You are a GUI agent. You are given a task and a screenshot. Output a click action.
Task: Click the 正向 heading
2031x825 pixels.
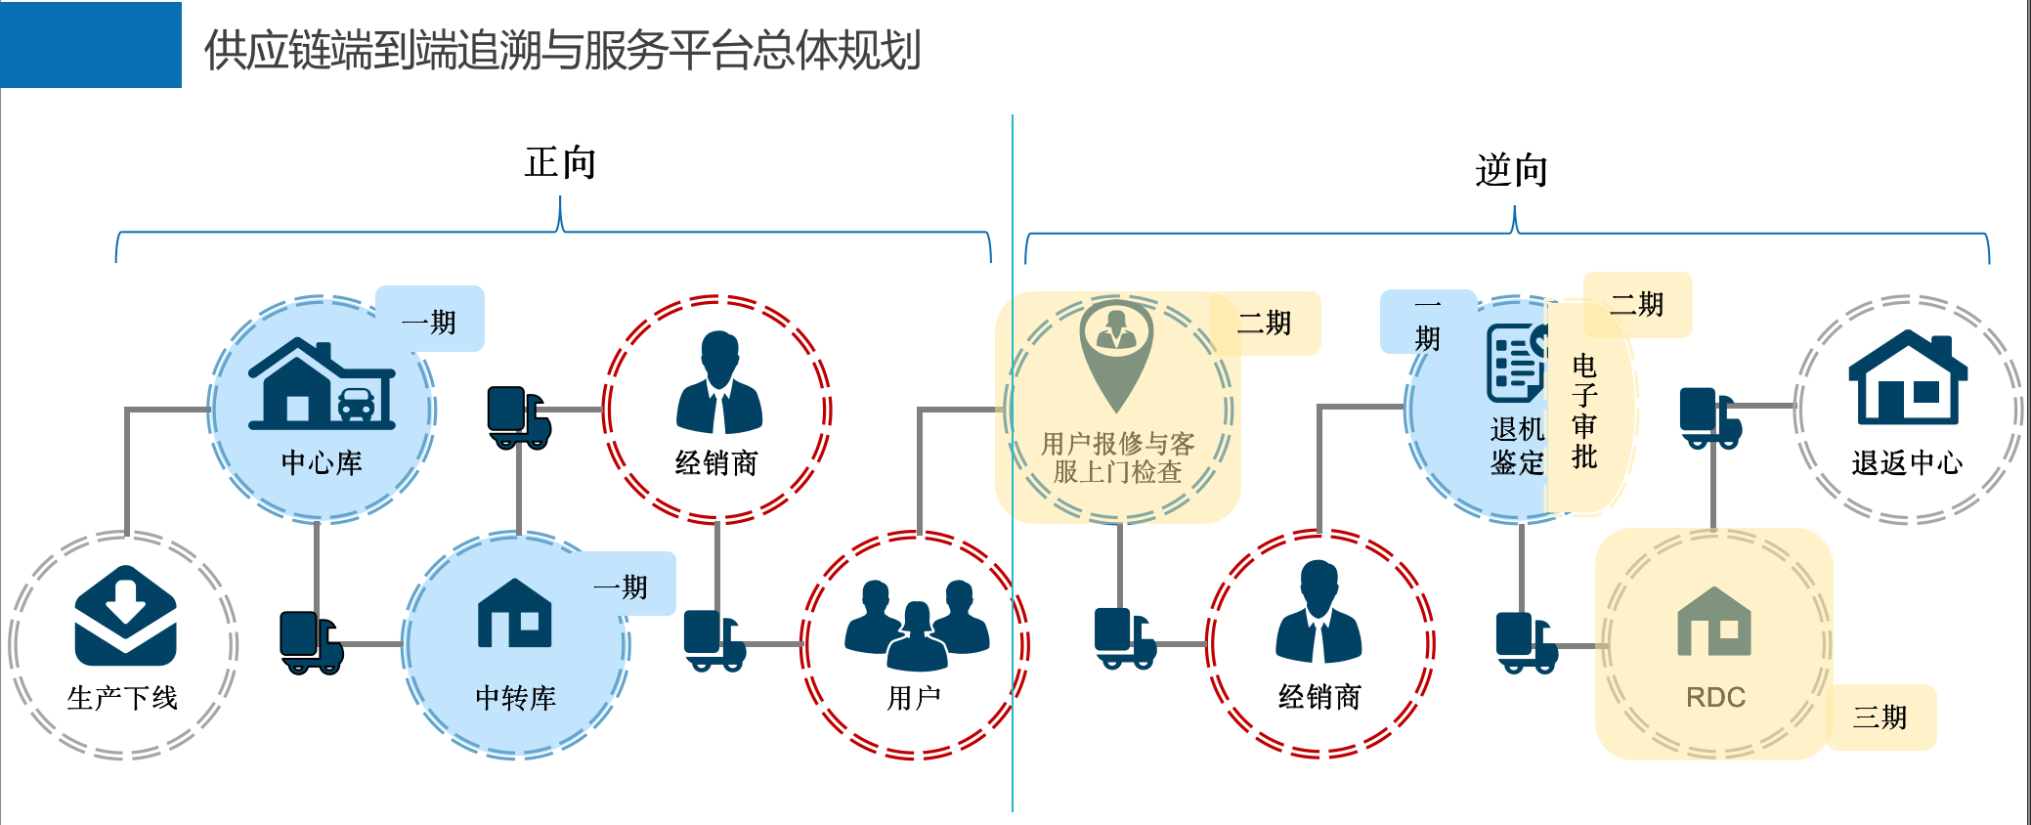pyautogui.click(x=560, y=162)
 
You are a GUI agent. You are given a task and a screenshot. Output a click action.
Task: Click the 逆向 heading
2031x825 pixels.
pyautogui.click(x=1511, y=170)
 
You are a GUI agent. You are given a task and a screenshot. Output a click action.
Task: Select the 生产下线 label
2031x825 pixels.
pyautogui.click(x=122, y=697)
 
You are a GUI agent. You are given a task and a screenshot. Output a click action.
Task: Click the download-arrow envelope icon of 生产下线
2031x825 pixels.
pyautogui.click(x=125, y=616)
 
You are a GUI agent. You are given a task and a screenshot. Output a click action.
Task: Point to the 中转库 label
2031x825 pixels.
pyautogui.click(x=515, y=697)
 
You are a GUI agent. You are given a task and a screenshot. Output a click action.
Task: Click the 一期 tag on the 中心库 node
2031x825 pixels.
pyautogui.click(x=430, y=321)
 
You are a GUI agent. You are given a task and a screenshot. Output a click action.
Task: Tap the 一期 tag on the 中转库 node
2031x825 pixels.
pyautogui.click(x=622, y=586)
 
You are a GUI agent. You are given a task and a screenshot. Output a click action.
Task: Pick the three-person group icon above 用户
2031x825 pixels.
pyautogui.click(x=917, y=624)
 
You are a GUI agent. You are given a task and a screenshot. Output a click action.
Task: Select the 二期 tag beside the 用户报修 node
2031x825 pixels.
pyautogui.click(x=1265, y=323)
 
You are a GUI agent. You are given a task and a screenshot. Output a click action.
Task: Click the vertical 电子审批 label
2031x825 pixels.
pyautogui.click(x=1584, y=411)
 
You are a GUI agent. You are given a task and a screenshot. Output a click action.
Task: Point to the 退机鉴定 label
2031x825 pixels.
pyautogui.click(x=1517, y=446)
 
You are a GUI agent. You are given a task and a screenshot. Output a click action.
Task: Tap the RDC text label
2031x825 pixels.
pyautogui.click(x=1715, y=697)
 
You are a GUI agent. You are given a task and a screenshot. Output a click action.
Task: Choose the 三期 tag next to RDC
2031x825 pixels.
pyautogui.click(x=1880, y=717)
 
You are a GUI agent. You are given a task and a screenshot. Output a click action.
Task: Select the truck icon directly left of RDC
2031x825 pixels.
pyautogui.click(x=1526, y=642)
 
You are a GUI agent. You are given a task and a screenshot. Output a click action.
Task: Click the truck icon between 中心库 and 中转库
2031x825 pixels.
pyautogui.click(x=311, y=642)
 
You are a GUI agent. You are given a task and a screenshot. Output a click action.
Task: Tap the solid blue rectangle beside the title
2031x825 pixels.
pyautogui.click(x=91, y=45)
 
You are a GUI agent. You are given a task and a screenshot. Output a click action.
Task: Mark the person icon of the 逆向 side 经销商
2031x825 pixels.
pyautogui.click(x=1318, y=613)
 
